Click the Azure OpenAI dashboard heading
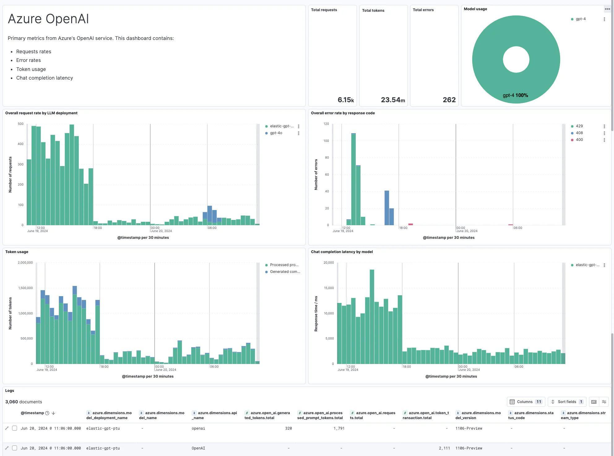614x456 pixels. tap(48, 19)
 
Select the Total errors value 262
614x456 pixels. tap(449, 100)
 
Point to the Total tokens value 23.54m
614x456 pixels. tap(392, 100)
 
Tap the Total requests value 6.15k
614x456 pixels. tap(345, 100)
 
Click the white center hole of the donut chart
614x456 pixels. tap(516, 59)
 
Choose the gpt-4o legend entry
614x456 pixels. tap(276, 133)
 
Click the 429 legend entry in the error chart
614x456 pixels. tap(579, 126)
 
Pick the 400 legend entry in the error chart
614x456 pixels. tap(579, 140)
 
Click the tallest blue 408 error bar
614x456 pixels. tap(387, 208)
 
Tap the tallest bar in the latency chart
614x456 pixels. tap(372, 316)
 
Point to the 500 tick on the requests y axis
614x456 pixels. tap(21, 124)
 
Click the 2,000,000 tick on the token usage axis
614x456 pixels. tap(25, 263)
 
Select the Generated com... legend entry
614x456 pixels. tap(285, 272)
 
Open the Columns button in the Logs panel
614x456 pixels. tap(525, 402)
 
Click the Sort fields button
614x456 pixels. tap(567, 402)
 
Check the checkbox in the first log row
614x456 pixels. tap(15, 428)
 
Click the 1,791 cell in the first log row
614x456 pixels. tap(339, 428)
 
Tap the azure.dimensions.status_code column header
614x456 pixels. tap(531, 415)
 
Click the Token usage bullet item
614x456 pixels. tap(31, 69)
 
